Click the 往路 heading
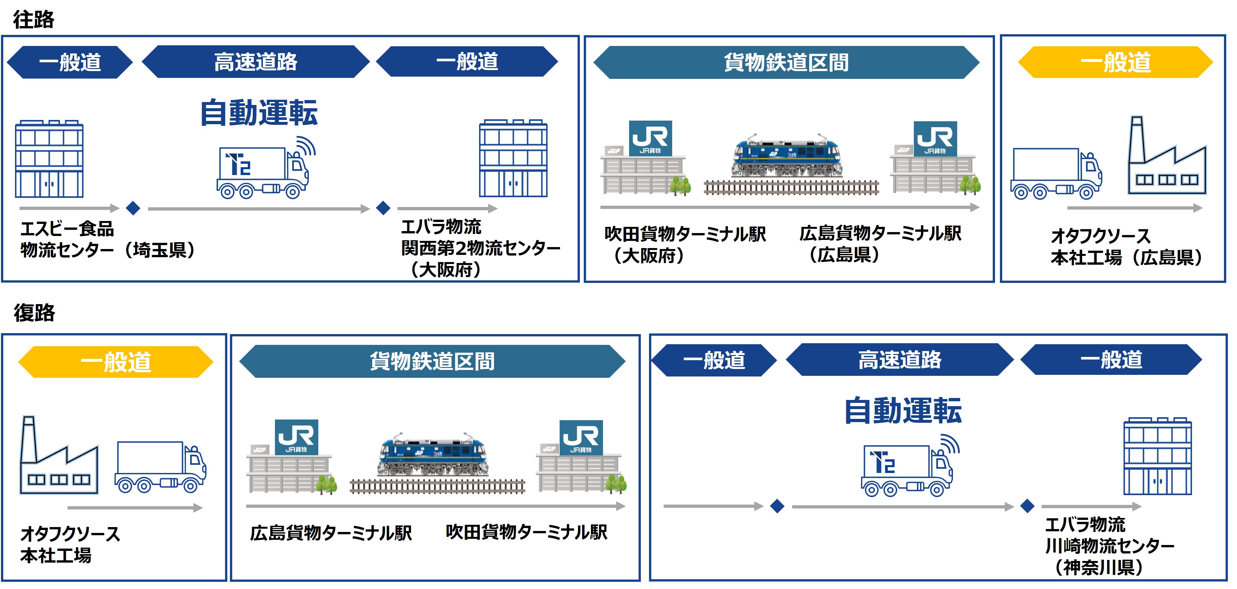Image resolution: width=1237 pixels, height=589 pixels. pos(34,20)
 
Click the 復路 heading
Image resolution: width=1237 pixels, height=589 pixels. pos(34,313)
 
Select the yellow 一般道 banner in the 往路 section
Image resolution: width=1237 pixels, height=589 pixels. pos(1115,62)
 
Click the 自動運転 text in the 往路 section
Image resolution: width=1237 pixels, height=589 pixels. pos(259,113)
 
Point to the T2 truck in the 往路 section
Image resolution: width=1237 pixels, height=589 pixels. pos(265,168)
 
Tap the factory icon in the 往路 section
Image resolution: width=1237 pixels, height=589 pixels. pos(1167,155)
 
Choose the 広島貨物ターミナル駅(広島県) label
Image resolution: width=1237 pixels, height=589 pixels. pos(880,243)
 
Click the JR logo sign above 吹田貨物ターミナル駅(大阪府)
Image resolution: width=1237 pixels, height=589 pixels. pos(650,138)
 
